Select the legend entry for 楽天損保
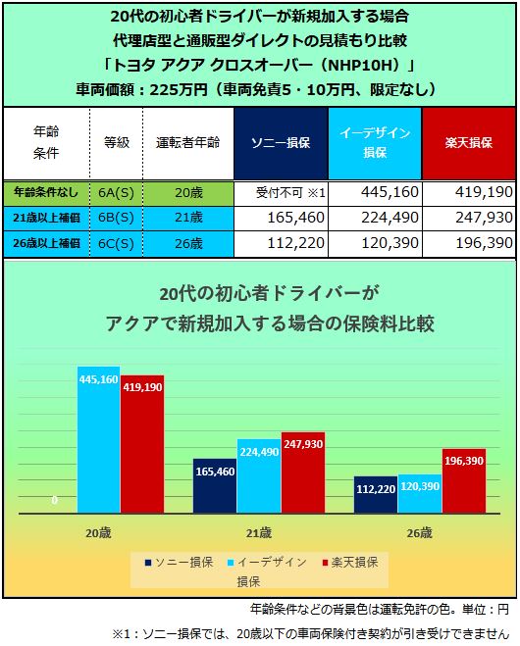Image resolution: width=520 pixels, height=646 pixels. [x=357, y=563]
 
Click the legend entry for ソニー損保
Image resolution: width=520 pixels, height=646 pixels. [x=178, y=563]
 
